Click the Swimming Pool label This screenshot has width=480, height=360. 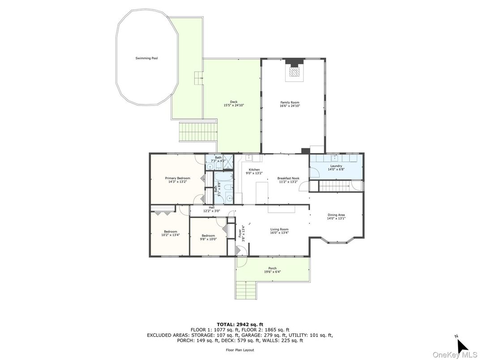click(x=147, y=58)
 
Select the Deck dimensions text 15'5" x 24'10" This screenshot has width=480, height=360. click(x=234, y=105)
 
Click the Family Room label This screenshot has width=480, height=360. click(x=290, y=103)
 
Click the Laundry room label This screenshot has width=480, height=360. click(x=336, y=166)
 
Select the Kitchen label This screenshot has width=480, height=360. click(x=254, y=170)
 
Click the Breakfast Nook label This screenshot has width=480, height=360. click(x=288, y=178)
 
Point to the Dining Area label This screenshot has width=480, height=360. click(x=336, y=215)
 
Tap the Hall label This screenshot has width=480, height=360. click(x=211, y=207)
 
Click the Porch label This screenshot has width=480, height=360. click(x=273, y=269)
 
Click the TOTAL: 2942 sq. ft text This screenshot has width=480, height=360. click(x=240, y=324)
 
